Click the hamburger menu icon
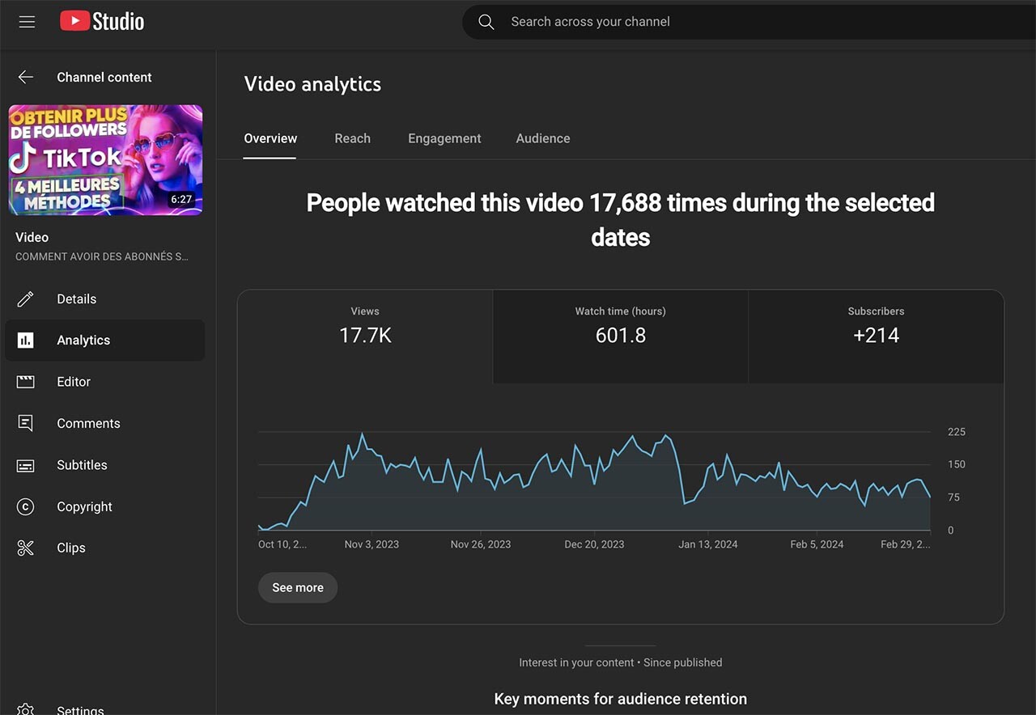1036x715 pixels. [x=27, y=22]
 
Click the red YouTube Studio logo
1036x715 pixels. [x=74, y=21]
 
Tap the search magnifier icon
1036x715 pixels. [x=486, y=22]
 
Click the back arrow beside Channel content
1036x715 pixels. [x=26, y=77]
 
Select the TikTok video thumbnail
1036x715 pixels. [x=105, y=159]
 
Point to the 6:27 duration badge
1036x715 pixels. [x=181, y=199]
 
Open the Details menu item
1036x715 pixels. [x=76, y=299]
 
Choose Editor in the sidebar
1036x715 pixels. [x=74, y=382]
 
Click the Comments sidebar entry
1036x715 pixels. [x=88, y=423]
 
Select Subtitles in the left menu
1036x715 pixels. [x=82, y=465]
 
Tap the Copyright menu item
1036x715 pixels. [x=84, y=506]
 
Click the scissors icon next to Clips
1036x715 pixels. [x=26, y=548]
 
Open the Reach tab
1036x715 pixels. [x=352, y=138]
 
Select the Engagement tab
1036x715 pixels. [x=444, y=138]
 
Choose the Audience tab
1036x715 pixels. [x=543, y=138]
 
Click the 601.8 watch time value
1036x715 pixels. [x=621, y=336]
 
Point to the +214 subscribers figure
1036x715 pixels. [x=876, y=336]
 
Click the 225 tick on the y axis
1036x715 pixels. [x=957, y=432]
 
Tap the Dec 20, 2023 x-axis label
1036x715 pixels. [x=594, y=544]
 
